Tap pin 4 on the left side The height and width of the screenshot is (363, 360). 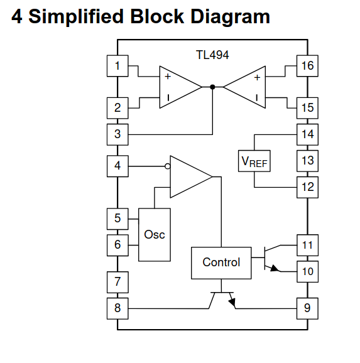[x=117, y=166]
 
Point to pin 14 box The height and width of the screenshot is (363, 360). [x=307, y=134]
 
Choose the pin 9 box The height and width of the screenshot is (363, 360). [x=307, y=308]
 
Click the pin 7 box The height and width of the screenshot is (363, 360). [x=117, y=282]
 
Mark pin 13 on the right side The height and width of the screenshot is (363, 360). [x=307, y=160]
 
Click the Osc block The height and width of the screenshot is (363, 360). [x=155, y=234]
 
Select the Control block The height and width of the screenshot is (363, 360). [x=221, y=263]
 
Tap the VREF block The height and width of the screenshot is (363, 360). [x=254, y=161]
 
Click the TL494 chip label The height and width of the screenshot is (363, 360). [x=213, y=55]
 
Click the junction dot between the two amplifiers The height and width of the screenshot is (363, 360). [x=212, y=87]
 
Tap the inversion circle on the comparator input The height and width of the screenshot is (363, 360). [x=167, y=166]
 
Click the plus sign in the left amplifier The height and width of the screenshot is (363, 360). [x=168, y=77]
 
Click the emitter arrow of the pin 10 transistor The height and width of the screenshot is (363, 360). [x=273, y=268]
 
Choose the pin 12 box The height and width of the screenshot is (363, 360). [x=307, y=187]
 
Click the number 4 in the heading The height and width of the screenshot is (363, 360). [x=17, y=16]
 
